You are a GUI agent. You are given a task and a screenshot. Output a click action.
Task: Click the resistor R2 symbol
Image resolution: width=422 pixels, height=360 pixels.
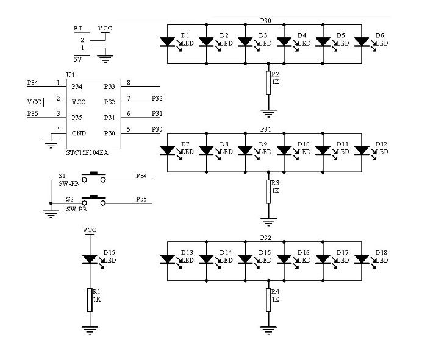pyautogui.click(x=268, y=83)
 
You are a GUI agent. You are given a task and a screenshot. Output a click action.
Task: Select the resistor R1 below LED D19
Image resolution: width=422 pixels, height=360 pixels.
pyautogui.click(x=90, y=300)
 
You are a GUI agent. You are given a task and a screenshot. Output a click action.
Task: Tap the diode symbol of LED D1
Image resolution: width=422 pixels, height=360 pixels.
pyautogui.click(x=168, y=42)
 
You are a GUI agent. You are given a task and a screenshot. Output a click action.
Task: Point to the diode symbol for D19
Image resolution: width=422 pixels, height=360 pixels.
pyautogui.click(x=90, y=259)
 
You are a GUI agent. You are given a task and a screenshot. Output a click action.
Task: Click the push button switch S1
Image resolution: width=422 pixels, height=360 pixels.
pyautogui.click(x=94, y=177)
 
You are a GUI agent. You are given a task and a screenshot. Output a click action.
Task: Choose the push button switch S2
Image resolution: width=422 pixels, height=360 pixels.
pyautogui.click(x=94, y=200)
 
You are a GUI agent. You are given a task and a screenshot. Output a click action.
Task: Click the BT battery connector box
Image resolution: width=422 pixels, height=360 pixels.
pyautogui.click(x=82, y=44)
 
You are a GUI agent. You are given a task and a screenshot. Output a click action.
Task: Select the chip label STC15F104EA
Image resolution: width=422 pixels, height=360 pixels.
pyautogui.click(x=87, y=153)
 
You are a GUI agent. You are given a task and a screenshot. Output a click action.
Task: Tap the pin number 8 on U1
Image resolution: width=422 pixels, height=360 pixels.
pyautogui.click(x=129, y=83)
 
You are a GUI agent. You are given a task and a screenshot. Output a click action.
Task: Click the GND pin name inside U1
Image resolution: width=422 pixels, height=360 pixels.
pyautogui.click(x=79, y=133)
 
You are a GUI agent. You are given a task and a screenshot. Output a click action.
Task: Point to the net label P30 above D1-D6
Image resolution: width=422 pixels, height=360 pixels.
pyautogui.click(x=266, y=21)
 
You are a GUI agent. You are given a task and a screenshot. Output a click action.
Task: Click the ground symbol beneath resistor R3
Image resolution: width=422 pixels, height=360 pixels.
pyautogui.click(x=268, y=222)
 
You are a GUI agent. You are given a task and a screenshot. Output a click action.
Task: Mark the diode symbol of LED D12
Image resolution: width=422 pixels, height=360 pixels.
pyautogui.click(x=362, y=150)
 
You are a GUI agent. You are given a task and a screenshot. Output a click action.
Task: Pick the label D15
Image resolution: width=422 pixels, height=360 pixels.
pyautogui.click(x=265, y=252)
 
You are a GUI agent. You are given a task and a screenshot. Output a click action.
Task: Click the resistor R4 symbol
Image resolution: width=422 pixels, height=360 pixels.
pyautogui.click(x=268, y=300)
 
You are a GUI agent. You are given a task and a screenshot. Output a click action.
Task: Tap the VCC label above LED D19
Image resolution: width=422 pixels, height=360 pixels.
pyautogui.click(x=90, y=230)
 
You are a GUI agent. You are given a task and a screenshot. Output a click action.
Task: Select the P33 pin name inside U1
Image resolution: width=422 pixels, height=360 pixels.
pyautogui.click(x=110, y=86)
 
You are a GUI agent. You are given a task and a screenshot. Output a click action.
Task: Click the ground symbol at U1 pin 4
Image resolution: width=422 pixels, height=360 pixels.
pyautogui.click(x=51, y=144)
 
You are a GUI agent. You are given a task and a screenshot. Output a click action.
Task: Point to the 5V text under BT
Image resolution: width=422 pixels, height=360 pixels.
pyautogui.click(x=78, y=59)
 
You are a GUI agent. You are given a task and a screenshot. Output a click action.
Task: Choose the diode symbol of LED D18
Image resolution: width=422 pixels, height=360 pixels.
pyautogui.click(x=362, y=259)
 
